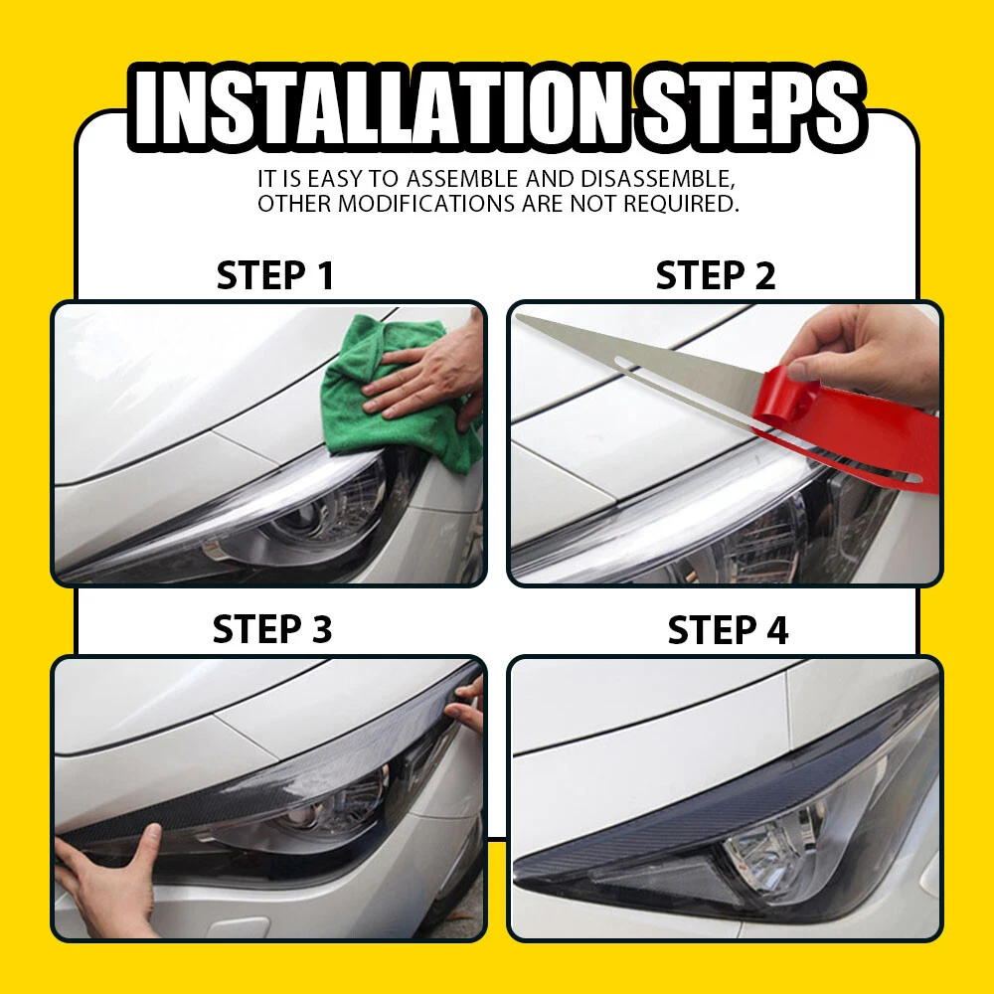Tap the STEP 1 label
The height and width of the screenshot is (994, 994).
(274, 275)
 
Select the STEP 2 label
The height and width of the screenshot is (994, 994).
(715, 275)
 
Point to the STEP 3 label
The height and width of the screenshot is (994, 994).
(272, 629)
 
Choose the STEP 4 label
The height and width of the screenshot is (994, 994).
(728, 630)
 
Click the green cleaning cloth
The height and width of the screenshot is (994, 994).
(400, 393)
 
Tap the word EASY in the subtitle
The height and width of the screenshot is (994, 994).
(335, 179)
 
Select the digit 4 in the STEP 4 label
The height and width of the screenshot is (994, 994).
(777, 630)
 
